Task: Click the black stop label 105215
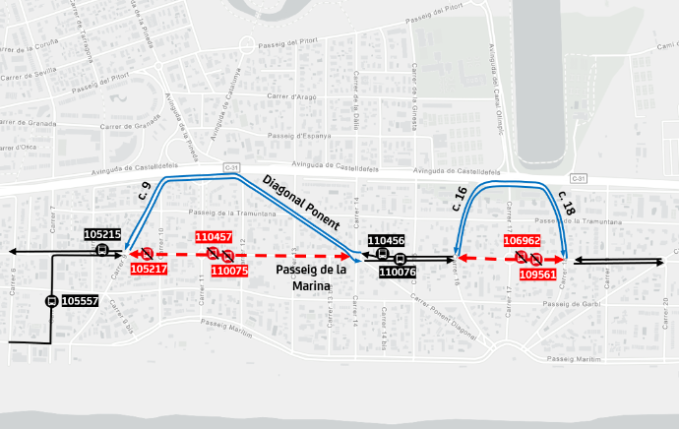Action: pyautogui.click(x=102, y=234)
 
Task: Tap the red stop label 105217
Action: pyautogui.click(x=148, y=269)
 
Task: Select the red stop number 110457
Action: pyautogui.click(x=214, y=237)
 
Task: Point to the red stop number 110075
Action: pyautogui.click(x=228, y=271)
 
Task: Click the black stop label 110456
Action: pyautogui.click(x=386, y=240)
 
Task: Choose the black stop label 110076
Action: pyautogui.click(x=398, y=273)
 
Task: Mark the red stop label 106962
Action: pyautogui.click(x=522, y=240)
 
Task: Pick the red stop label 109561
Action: pyautogui.click(x=537, y=275)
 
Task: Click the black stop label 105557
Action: pyautogui.click(x=80, y=301)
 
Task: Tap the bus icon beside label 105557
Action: pyautogui.click(x=50, y=301)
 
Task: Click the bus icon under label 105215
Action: pyautogui.click(x=101, y=250)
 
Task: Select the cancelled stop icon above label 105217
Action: pyautogui.click(x=147, y=254)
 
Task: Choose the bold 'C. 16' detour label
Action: pyautogui.click(x=460, y=200)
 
